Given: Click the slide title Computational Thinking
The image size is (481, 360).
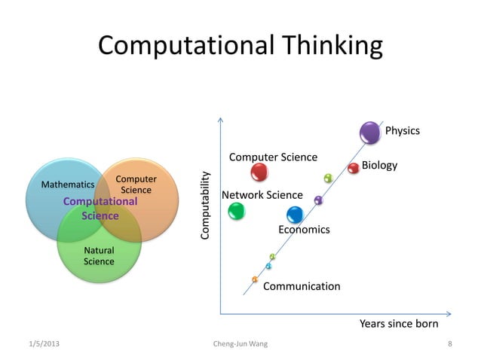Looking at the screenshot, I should click(x=240, y=46).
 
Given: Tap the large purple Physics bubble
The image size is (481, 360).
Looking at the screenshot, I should click(x=370, y=133).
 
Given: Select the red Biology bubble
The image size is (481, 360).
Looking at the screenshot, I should click(x=354, y=168).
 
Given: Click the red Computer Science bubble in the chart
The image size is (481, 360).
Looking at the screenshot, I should click(x=259, y=172).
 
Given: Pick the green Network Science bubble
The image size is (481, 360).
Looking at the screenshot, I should click(x=237, y=211).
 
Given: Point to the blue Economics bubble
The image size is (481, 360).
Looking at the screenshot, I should click(x=295, y=215).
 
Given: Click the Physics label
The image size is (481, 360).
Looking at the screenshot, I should click(x=402, y=131).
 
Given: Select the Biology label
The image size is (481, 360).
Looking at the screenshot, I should click(x=379, y=165).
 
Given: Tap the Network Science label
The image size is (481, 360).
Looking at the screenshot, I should click(x=262, y=195).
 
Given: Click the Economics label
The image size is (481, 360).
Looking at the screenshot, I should click(x=304, y=229).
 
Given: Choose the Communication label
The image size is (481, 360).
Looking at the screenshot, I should click(x=302, y=286).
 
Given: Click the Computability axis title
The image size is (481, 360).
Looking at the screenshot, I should click(x=204, y=206).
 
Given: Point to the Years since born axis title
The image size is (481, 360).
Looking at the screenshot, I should click(x=399, y=324).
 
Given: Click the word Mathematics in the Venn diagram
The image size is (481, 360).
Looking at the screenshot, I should click(x=67, y=184).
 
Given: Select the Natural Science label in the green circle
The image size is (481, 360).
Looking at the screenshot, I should click(x=99, y=256).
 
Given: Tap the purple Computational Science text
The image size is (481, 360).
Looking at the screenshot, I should click(x=100, y=209).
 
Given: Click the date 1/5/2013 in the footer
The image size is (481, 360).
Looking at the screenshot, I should click(x=42, y=344).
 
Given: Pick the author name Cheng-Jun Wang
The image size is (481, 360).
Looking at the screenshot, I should click(x=240, y=344).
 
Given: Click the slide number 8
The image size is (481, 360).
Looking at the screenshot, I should click(x=449, y=344).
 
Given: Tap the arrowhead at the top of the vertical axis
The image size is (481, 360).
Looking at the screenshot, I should click(x=220, y=119).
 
